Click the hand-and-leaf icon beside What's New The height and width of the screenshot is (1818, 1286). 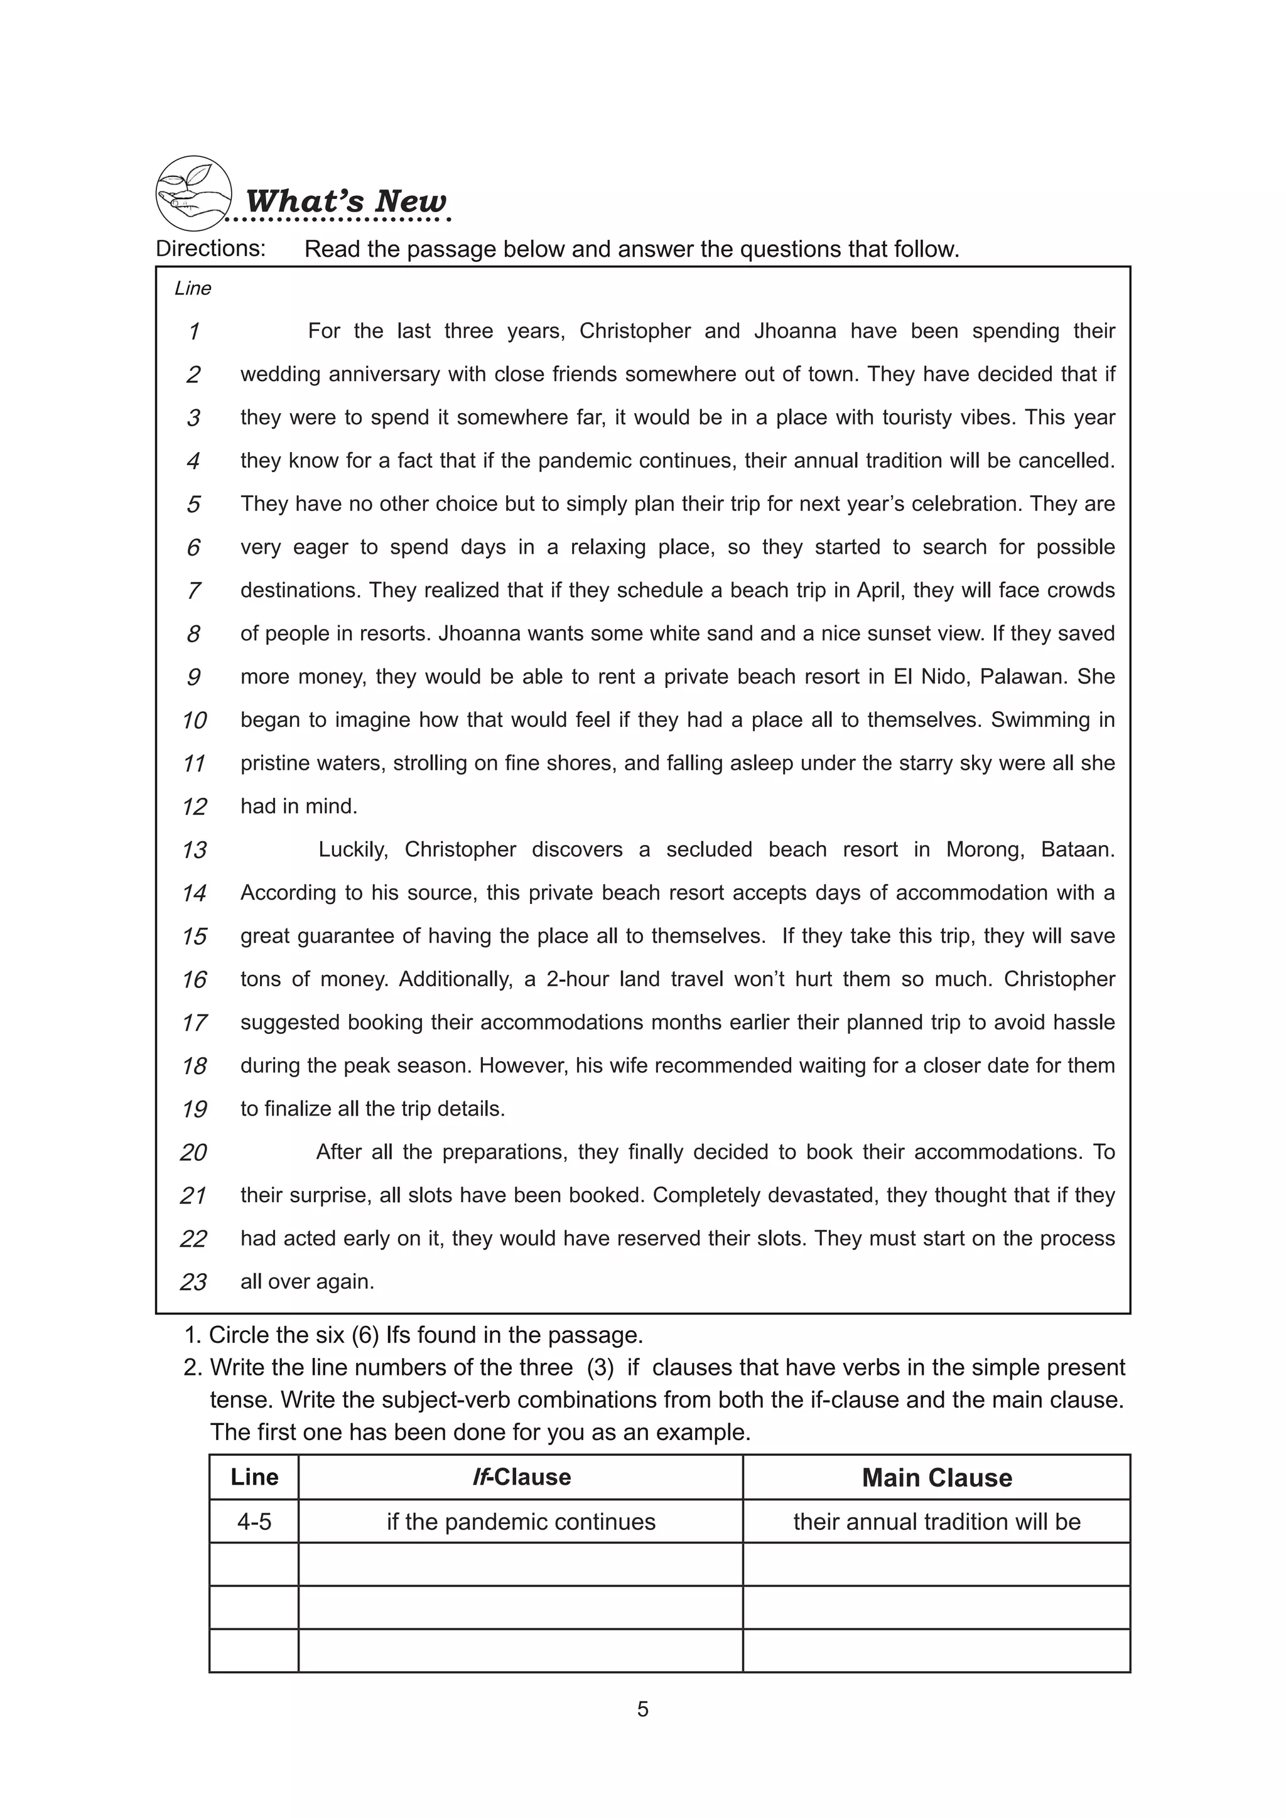(193, 193)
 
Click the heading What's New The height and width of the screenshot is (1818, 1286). (345, 201)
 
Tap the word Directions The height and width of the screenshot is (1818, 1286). (210, 249)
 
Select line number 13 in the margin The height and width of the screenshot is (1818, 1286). (194, 851)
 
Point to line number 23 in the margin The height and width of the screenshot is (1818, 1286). (193, 1282)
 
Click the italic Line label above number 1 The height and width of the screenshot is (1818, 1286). (192, 288)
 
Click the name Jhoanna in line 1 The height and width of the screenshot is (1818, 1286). (795, 331)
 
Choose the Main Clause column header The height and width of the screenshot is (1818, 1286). (937, 1478)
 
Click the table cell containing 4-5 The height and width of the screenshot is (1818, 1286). (254, 1522)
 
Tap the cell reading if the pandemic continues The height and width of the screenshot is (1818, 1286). (521, 1522)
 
